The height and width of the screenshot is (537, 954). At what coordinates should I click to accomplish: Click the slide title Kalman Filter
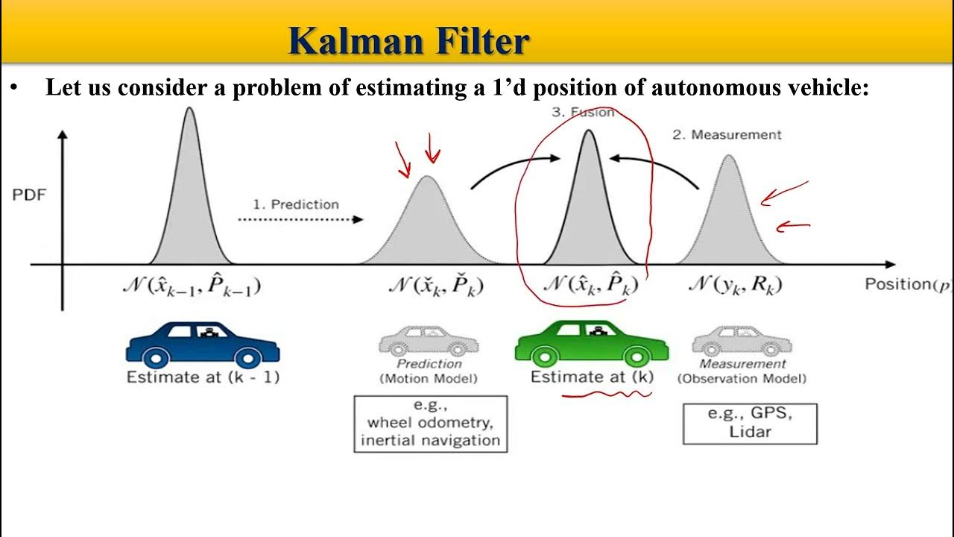tap(408, 41)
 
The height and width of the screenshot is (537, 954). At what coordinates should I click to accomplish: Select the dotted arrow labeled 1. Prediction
tap(300, 219)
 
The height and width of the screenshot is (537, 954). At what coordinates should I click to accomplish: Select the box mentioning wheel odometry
tap(430, 424)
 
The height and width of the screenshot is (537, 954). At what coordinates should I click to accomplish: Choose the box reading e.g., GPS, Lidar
tap(750, 424)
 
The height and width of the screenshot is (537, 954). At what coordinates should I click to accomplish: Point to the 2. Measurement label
tap(727, 135)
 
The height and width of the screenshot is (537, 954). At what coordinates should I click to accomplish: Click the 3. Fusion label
tap(583, 113)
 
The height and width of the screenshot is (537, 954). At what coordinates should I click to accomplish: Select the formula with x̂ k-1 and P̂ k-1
tap(192, 286)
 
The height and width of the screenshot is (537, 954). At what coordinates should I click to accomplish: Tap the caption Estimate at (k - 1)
tap(203, 377)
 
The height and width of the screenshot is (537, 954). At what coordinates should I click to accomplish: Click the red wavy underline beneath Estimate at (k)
tap(605, 395)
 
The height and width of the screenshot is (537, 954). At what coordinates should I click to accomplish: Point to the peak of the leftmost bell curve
tap(189, 109)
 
